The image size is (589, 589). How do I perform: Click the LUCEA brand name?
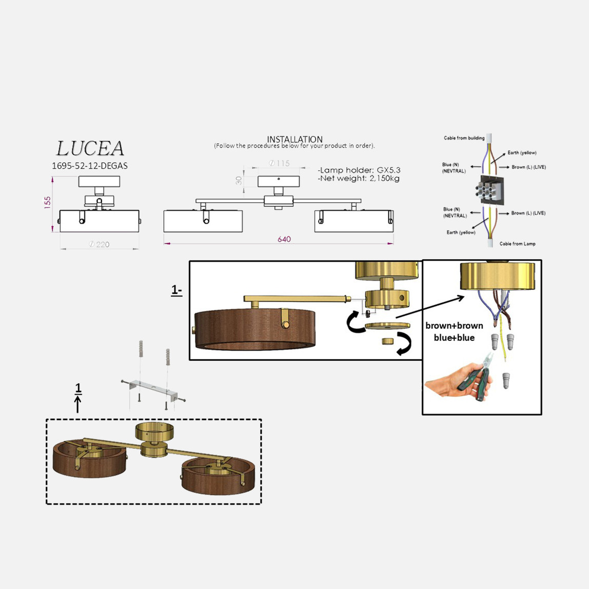(90, 148)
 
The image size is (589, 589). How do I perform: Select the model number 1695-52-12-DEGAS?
(90, 166)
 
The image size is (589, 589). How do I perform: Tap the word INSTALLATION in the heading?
(295, 139)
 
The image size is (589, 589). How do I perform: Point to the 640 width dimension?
(284, 239)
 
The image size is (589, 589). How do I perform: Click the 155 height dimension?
(47, 203)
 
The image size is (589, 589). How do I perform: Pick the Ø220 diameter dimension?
(100, 245)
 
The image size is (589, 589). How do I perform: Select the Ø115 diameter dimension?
(280, 163)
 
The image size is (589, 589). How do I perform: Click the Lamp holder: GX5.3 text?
(359, 170)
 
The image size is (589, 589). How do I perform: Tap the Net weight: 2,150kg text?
(358, 179)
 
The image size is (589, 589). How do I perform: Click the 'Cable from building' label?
(464, 138)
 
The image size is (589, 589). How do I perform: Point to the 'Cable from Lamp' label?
(517, 244)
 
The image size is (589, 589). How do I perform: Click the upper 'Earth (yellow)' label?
(522, 152)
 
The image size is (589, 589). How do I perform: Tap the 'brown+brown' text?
(454, 326)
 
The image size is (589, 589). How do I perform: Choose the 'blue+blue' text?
(454, 338)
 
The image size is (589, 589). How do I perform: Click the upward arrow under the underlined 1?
(78, 404)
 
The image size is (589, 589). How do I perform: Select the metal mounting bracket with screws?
(153, 390)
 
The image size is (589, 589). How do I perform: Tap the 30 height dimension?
(239, 181)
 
